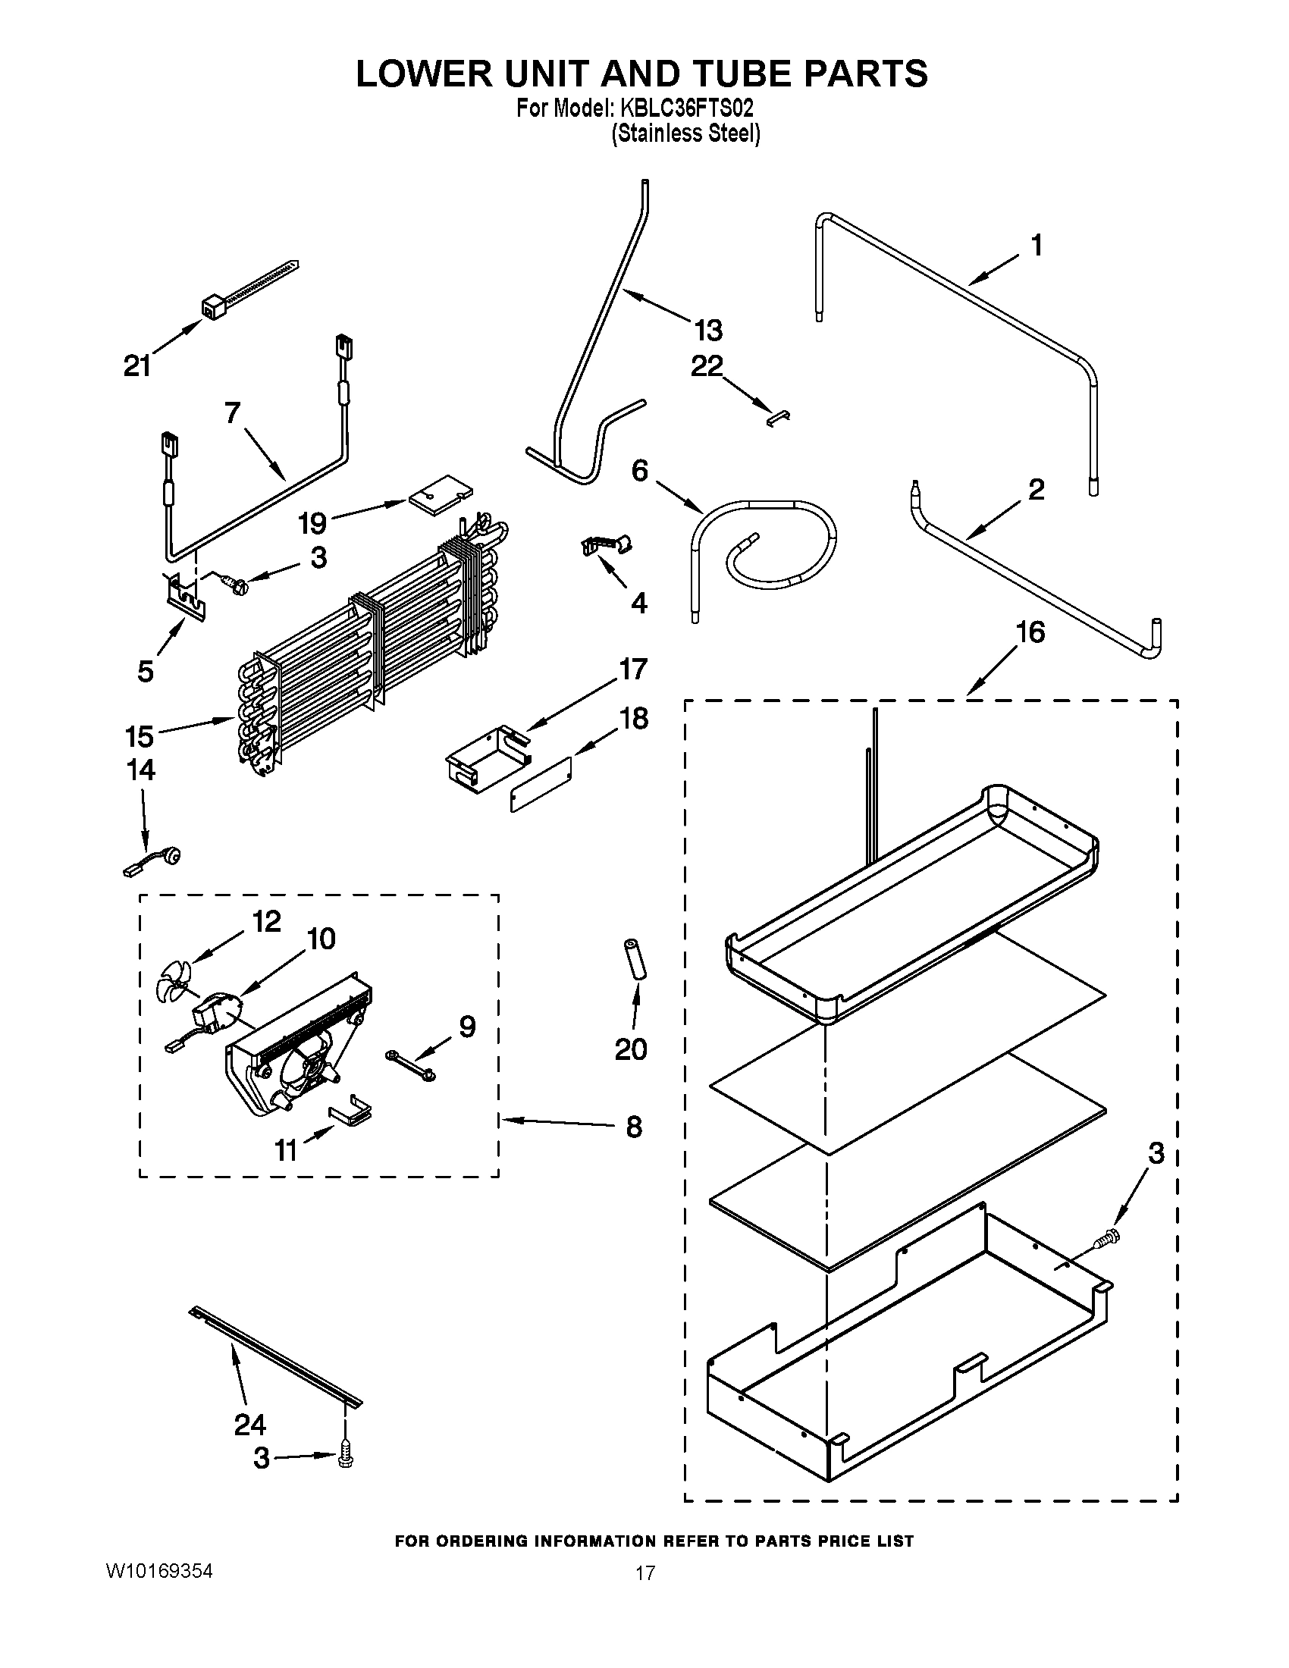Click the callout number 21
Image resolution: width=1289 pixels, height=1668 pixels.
(137, 368)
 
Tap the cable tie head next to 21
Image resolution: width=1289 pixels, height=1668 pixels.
(211, 308)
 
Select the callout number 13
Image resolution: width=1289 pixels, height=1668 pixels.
(708, 331)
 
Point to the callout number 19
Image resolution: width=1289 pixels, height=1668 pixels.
(312, 523)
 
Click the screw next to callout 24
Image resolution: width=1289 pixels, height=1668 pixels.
(345, 1462)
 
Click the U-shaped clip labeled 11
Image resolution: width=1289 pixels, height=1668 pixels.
(350, 1115)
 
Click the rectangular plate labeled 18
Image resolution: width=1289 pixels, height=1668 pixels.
(541, 785)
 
